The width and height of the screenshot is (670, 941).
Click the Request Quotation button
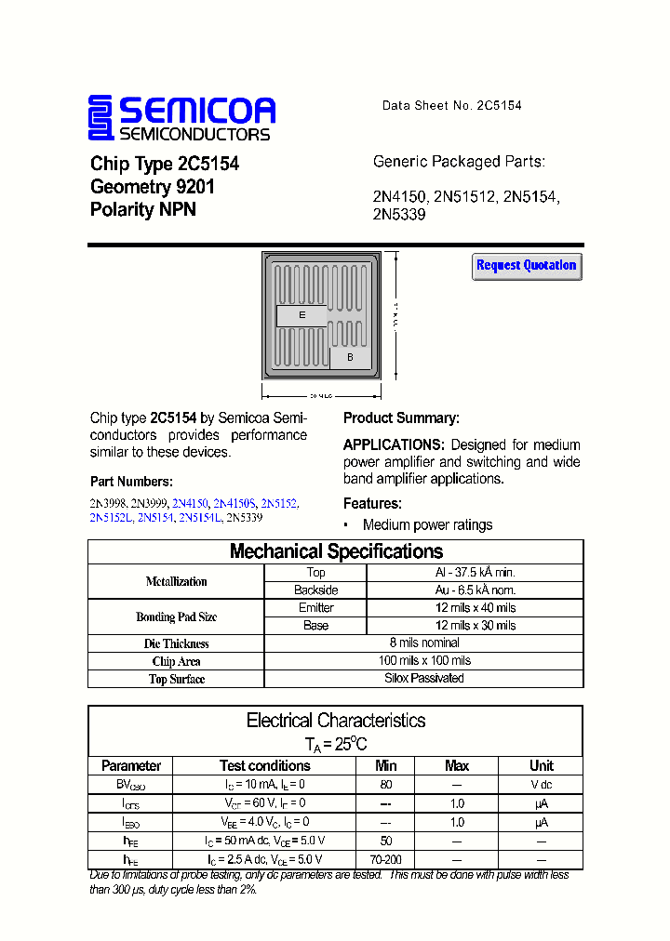click(527, 266)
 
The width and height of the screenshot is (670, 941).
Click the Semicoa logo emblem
click(100, 118)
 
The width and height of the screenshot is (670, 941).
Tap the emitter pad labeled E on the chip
click(302, 316)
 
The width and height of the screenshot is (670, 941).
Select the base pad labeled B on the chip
click(350, 357)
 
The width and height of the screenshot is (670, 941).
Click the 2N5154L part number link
click(200, 518)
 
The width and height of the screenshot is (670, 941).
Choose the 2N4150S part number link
click(235, 502)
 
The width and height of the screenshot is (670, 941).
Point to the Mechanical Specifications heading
click(336, 551)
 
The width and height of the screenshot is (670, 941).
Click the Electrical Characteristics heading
click(336, 721)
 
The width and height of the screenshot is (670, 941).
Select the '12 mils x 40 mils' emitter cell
click(475, 608)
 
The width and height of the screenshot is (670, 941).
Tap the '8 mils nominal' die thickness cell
click(423, 643)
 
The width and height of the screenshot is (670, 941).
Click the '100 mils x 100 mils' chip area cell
click(423, 660)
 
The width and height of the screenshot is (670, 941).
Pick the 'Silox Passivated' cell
click(423, 678)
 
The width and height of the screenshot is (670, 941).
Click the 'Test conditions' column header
click(265, 766)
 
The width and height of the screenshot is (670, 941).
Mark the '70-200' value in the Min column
click(385, 860)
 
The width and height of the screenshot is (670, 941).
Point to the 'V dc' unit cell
click(541, 785)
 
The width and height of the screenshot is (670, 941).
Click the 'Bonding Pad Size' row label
click(177, 616)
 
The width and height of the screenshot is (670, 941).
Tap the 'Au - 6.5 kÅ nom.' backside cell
click(475, 590)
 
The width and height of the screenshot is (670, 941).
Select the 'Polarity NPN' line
click(143, 210)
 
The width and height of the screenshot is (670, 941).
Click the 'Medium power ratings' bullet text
click(427, 525)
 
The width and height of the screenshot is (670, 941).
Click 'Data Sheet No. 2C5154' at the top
click(451, 106)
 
